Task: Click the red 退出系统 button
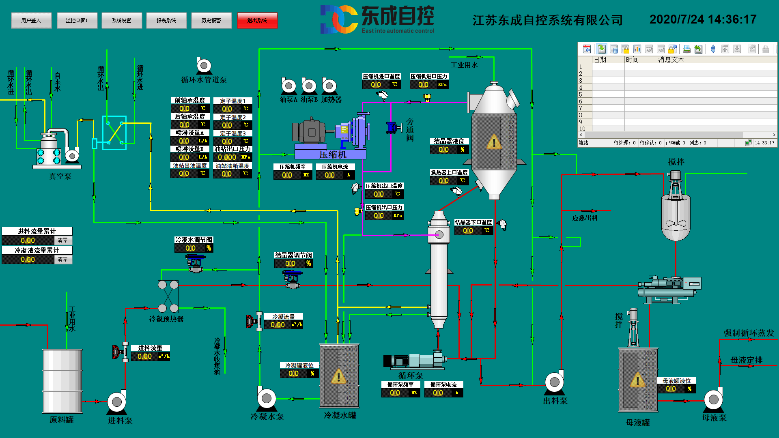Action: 257,20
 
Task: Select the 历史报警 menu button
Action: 211,20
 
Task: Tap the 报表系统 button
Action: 166,20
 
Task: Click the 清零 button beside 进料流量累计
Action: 63,240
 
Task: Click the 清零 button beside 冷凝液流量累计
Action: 63,259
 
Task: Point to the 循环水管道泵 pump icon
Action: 204,66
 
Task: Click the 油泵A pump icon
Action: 289,86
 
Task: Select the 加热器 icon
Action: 329,86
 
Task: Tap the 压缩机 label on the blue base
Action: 333,155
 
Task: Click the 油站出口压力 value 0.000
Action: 227,157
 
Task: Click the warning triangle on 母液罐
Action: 637,380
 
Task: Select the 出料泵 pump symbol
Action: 555,382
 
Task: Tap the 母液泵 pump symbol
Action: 714,399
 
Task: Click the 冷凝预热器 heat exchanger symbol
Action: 168,296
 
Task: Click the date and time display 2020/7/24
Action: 703,19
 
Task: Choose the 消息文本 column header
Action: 671,60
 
